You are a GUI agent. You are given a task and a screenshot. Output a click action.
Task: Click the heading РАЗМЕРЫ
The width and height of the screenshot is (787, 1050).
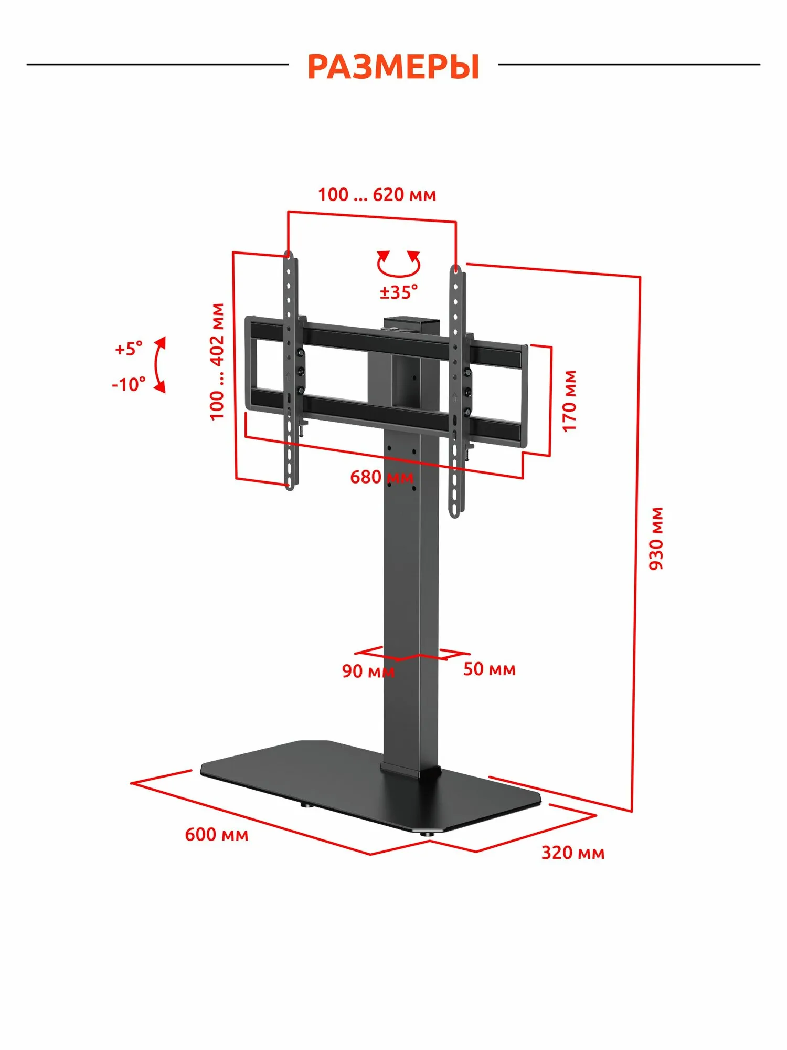pyautogui.click(x=393, y=67)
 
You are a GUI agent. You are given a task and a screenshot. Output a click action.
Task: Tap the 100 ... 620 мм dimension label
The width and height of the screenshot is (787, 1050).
pyautogui.click(x=377, y=195)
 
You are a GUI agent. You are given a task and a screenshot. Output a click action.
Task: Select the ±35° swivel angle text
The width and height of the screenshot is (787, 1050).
pyautogui.click(x=399, y=292)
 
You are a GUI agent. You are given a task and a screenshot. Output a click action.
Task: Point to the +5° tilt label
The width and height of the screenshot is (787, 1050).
pyautogui.click(x=129, y=349)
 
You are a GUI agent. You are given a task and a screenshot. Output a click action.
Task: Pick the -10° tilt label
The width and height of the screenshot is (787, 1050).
pyautogui.click(x=129, y=384)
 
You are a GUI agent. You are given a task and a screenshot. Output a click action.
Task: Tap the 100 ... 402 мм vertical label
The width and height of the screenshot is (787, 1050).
pyautogui.click(x=217, y=362)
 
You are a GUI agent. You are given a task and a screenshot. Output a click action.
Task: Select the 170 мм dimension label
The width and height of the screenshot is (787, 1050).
pyautogui.click(x=569, y=401)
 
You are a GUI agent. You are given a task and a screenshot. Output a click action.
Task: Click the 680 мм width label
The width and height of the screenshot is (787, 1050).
pyautogui.click(x=381, y=477)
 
